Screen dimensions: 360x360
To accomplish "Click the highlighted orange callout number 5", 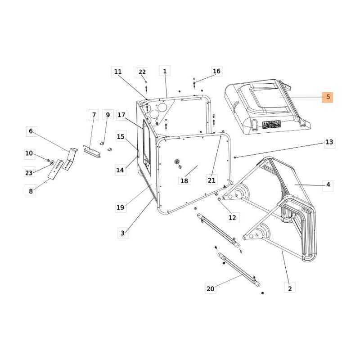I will tap(328, 97).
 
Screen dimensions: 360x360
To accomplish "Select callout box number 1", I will tap(165, 71).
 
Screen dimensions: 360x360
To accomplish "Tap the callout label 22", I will tap(142, 72).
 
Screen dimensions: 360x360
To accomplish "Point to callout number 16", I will tap(216, 71).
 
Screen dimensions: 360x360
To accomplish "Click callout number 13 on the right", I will tap(329, 142).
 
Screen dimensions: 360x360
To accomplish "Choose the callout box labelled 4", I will tap(328, 184).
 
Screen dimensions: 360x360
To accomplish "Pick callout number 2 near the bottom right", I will tap(290, 288).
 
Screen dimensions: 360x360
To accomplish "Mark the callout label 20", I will tap(211, 289).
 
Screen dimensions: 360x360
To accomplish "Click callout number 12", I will tap(232, 218).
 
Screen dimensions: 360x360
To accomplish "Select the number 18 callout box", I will tap(184, 181).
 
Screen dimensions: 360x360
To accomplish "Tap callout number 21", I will tap(211, 180).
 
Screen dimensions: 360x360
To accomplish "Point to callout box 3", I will tap(122, 233).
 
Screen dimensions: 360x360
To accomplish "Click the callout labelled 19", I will tap(120, 207).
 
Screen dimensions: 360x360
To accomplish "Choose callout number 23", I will tap(29, 173).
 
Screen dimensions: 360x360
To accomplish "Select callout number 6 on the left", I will tap(31, 131).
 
